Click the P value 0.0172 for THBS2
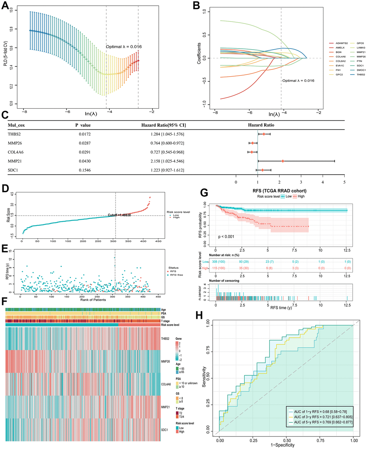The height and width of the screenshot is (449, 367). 85,134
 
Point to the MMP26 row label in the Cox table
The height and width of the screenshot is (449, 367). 16,143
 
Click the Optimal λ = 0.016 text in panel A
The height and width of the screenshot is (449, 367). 123,47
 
